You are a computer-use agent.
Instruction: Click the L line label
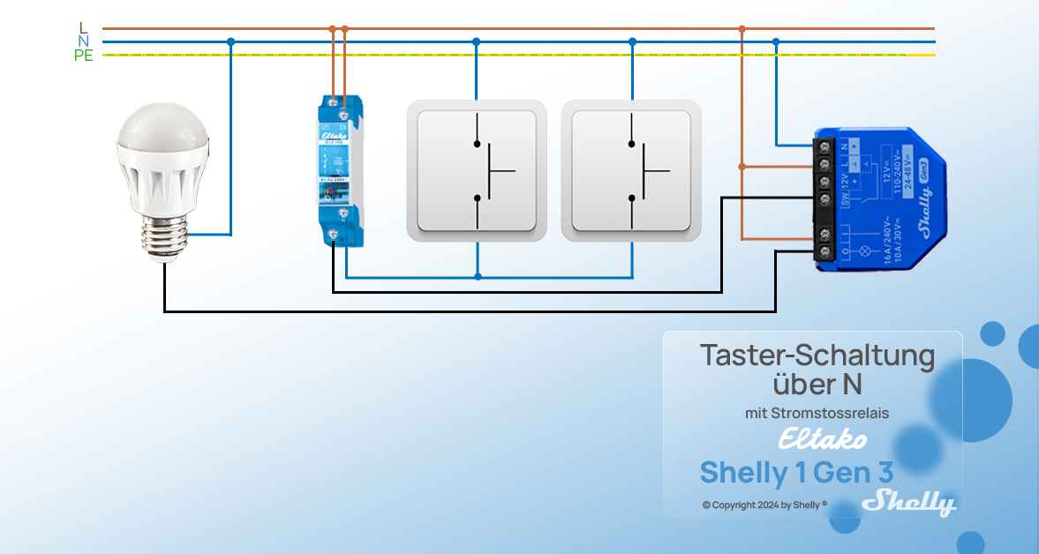click(84, 28)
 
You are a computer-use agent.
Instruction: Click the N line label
click(84, 41)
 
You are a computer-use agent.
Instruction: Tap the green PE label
click(84, 55)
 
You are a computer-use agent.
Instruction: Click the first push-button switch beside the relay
click(477, 170)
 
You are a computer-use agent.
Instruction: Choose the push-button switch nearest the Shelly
click(631, 170)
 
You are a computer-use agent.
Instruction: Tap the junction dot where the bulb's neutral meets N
click(231, 41)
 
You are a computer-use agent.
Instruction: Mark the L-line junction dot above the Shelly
click(742, 28)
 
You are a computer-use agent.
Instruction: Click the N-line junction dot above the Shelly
click(776, 41)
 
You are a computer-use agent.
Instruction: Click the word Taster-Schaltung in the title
click(817, 356)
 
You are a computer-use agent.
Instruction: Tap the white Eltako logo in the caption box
click(822, 438)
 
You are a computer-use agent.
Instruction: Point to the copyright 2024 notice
click(764, 505)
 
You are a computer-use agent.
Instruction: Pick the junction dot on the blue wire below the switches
click(478, 277)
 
